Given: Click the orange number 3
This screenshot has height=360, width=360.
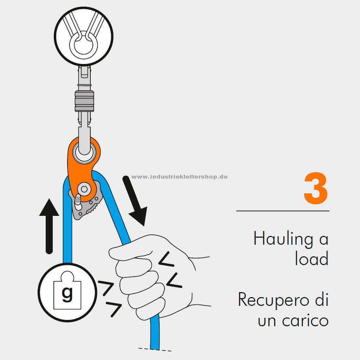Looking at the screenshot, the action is pyautogui.click(x=316, y=188).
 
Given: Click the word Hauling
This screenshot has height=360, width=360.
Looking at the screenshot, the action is pyautogui.click(x=283, y=239).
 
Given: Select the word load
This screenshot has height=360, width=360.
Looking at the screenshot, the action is pyautogui.click(x=312, y=258).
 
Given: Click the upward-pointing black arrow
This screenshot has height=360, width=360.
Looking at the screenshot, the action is pyautogui.click(x=49, y=226).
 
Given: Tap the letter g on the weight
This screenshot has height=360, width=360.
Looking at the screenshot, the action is pyautogui.click(x=67, y=295).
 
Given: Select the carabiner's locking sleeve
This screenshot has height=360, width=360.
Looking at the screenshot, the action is pyautogui.click(x=84, y=101).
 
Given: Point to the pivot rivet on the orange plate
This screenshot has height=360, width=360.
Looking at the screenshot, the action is pyautogui.click(x=84, y=189).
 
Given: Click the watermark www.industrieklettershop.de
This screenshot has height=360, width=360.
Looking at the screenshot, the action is pyautogui.click(x=180, y=177).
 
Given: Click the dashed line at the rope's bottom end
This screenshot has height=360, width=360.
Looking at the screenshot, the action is pyautogui.click(x=155, y=349).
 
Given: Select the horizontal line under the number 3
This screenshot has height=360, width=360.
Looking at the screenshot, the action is pyautogui.click(x=283, y=211).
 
